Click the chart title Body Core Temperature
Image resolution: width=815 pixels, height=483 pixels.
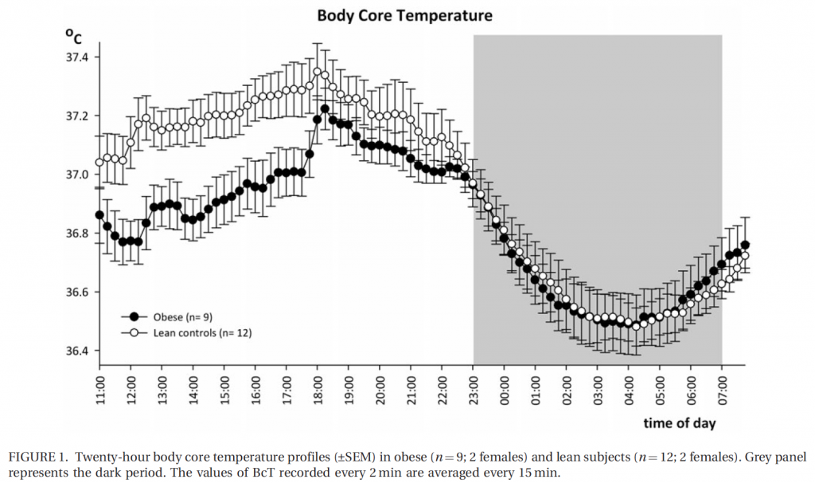coord(404,15)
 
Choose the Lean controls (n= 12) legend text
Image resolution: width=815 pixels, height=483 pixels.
coord(203,332)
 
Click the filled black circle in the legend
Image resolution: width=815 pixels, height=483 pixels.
coord(134,315)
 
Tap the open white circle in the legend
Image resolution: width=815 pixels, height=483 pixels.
coord(134,332)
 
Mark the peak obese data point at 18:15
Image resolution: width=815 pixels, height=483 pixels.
coord(325,108)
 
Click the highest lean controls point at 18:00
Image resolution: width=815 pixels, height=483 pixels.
coord(317,72)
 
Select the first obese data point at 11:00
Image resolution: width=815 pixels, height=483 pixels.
coord(99,215)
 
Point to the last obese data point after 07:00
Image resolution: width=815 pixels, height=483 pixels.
coord(745,245)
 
